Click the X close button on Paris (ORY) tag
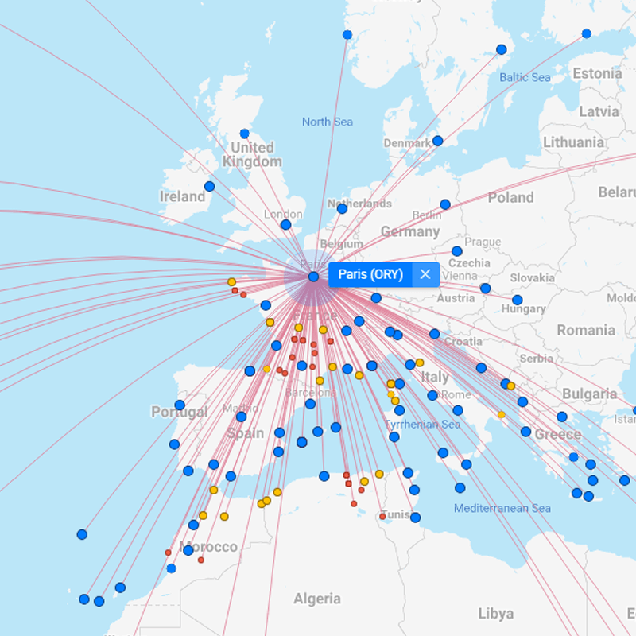click(x=425, y=274)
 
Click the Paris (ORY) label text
click(x=370, y=274)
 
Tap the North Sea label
click(x=327, y=122)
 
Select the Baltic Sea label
click(x=525, y=77)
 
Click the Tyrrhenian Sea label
click(x=422, y=425)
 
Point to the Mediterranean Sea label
click(x=502, y=508)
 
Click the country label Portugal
click(x=179, y=413)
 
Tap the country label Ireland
click(x=182, y=196)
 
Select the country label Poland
click(x=510, y=197)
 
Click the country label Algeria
click(x=316, y=599)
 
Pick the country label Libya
click(x=495, y=614)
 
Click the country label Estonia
click(x=597, y=73)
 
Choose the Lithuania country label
click(x=573, y=142)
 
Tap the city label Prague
click(x=483, y=242)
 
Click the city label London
click(x=283, y=214)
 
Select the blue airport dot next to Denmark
click(x=437, y=141)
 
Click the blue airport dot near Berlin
click(x=445, y=204)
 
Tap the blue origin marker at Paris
click(x=313, y=277)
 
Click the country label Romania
click(x=586, y=330)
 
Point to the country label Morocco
click(x=207, y=547)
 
